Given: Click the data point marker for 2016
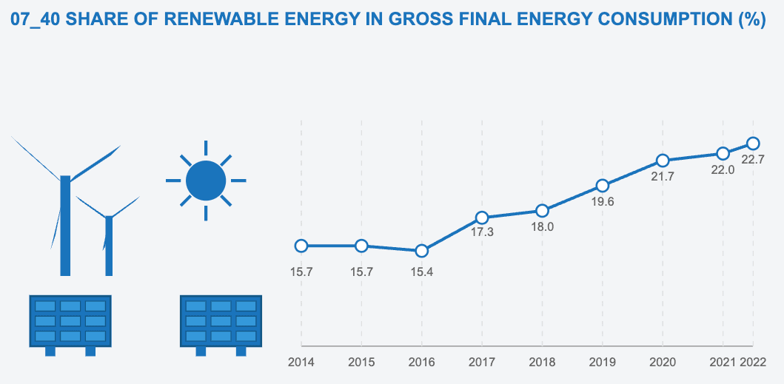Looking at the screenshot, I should coord(422,251).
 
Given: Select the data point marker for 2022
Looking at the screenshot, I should coord(753,143).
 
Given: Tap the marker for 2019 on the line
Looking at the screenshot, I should coord(603,186).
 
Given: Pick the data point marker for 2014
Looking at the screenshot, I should coord(301,246).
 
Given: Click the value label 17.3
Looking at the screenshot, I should coord(482,232).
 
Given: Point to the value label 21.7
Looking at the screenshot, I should coord(663,176).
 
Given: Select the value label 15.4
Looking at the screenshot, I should coord(422,272).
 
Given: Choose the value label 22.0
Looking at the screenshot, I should coord(723,169).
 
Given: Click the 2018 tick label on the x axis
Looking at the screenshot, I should coord(542,363).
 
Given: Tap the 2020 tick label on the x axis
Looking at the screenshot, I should coord(663,363).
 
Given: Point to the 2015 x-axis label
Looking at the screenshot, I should coord(361,363).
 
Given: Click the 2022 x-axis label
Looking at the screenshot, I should coord(753,363).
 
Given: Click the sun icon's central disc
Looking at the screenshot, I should coord(206,181).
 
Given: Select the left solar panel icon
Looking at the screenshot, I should coord(70,322).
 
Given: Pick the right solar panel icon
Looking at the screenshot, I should coord(221,322).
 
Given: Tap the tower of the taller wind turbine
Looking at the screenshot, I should coord(65,226).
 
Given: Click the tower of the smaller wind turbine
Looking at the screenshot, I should coord(109,246).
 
